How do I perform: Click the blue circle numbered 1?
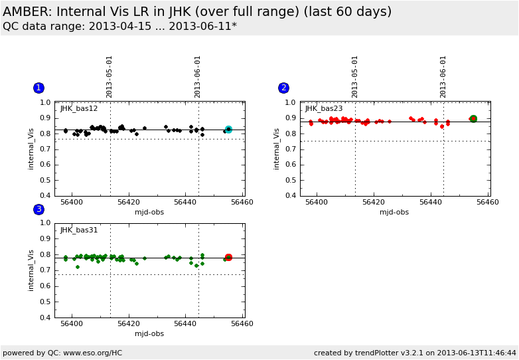point(38,88)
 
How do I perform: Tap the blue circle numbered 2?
point(283,88)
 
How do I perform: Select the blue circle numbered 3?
point(38,209)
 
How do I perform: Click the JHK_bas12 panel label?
point(79,108)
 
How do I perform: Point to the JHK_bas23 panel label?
point(324,108)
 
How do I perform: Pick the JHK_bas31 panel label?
point(79,230)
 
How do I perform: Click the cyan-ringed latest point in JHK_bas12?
point(228,130)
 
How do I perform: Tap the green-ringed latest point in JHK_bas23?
point(473,119)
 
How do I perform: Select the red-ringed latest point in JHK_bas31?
point(228,257)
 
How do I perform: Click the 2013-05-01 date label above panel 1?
point(110,76)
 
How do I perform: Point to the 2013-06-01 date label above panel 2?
point(443,76)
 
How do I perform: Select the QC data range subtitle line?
point(119,27)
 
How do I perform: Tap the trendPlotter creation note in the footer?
point(415,353)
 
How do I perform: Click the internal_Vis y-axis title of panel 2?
point(277,149)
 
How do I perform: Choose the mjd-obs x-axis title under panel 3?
point(149,333)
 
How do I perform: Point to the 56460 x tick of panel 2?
point(488,202)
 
